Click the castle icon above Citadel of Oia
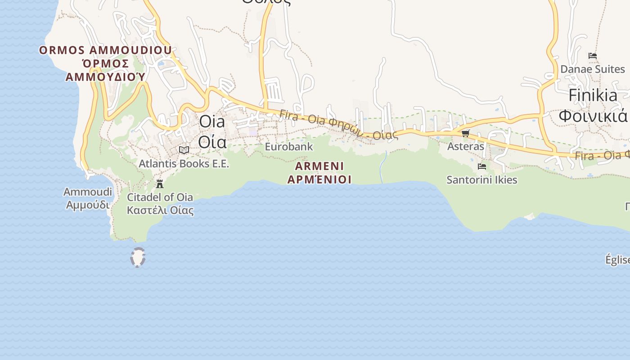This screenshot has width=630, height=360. coord(159,184)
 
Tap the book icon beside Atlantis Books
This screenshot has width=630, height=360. coord(184,150)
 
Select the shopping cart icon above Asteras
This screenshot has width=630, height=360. coord(465,133)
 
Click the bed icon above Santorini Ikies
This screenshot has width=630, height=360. coord(482,166)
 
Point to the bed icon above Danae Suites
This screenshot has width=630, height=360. coord(593,56)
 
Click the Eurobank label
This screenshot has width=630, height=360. coord(288,147)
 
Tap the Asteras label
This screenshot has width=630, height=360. coord(465,146)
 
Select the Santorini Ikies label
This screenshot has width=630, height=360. coord(481,180)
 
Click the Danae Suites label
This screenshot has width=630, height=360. coord(592,69)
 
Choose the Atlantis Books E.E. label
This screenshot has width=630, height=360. coord(184,163)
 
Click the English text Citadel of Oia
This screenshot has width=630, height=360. coord(160,197)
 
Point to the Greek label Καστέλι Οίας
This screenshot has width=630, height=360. coord(160,210)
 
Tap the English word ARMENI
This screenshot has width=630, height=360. coord(319,166)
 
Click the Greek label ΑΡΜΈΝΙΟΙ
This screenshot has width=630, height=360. coord(319,180)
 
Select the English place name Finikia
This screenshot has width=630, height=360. coord(593,95)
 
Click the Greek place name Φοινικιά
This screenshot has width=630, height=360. coord(593,116)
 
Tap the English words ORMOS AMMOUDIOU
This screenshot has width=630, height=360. coord(105,50)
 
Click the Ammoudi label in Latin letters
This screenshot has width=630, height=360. coord(87,192)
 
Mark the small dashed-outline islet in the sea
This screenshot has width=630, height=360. coord(138,258)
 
